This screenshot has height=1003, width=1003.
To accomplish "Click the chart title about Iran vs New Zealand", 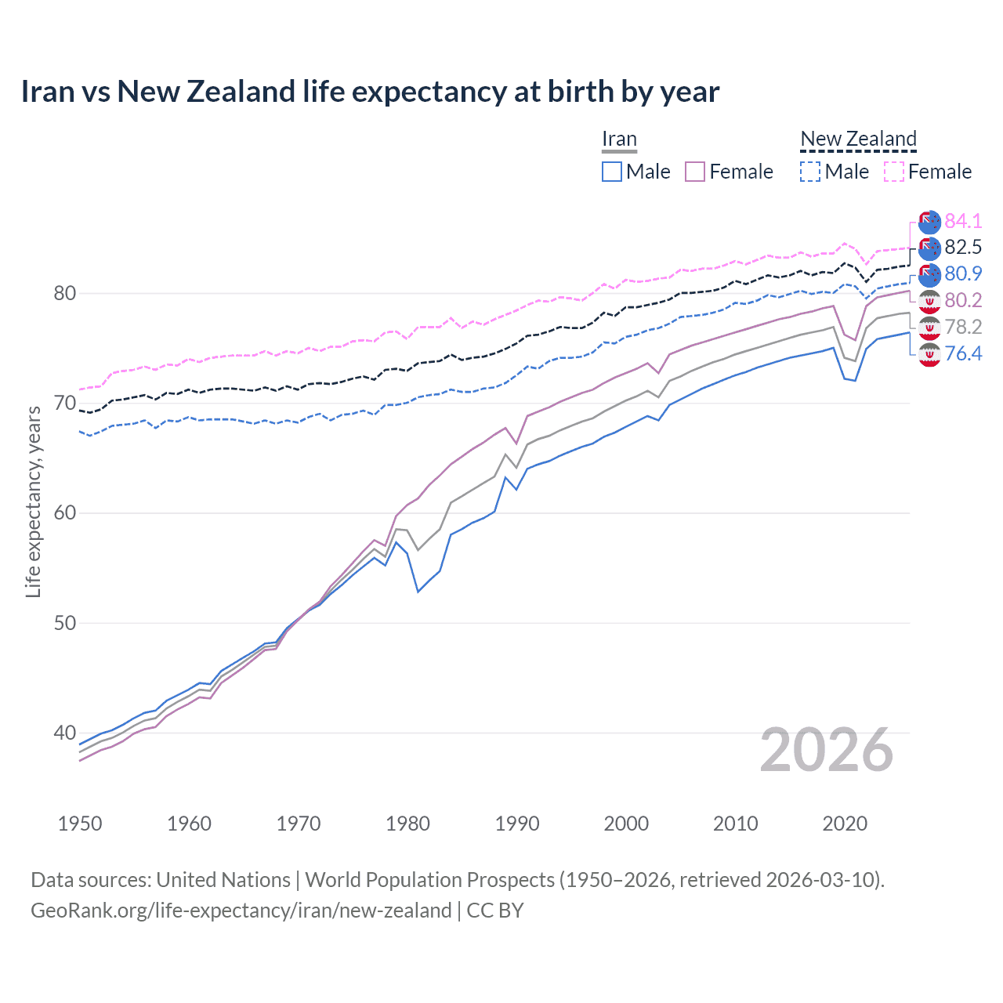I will click(x=370, y=92).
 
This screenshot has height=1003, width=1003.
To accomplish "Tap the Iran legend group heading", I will click(x=619, y=139).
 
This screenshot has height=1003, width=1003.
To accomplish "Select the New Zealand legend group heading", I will click(x=858, y=139).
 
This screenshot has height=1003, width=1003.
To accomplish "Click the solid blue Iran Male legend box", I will click(x=612, y=172).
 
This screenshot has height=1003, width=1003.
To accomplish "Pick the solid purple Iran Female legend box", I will click(x=696, y=172).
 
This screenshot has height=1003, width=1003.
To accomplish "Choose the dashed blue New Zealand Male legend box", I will click(x=810, y=172).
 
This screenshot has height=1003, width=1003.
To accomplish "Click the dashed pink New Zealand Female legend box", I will click(x=894, y=172).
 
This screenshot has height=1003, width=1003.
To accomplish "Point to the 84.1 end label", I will click(x=963, y=221).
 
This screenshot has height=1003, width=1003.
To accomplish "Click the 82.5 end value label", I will click(x=963, y=248).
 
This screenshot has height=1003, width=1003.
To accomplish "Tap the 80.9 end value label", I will click(x=963, y=274).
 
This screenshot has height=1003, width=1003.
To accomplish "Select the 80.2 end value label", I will click(x=963, y=301).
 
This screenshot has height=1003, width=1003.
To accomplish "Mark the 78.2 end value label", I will click(x=963, y=328).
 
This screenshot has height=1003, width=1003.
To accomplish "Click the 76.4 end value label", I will click(x=963, y=354).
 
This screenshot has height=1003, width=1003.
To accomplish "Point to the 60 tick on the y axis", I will click(x=64, y=513).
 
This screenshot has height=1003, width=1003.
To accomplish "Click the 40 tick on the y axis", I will click(x=64, y=733).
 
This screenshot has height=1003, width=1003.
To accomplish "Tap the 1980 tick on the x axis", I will click(x=407, y=824).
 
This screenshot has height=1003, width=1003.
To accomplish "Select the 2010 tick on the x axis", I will click(x=735, y=824).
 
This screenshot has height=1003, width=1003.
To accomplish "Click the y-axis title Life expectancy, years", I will click(x=33, y=501).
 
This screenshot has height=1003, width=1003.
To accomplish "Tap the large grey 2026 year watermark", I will click(x=827, y=751).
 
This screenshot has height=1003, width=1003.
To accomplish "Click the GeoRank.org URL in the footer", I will click(x=241, y=911).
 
